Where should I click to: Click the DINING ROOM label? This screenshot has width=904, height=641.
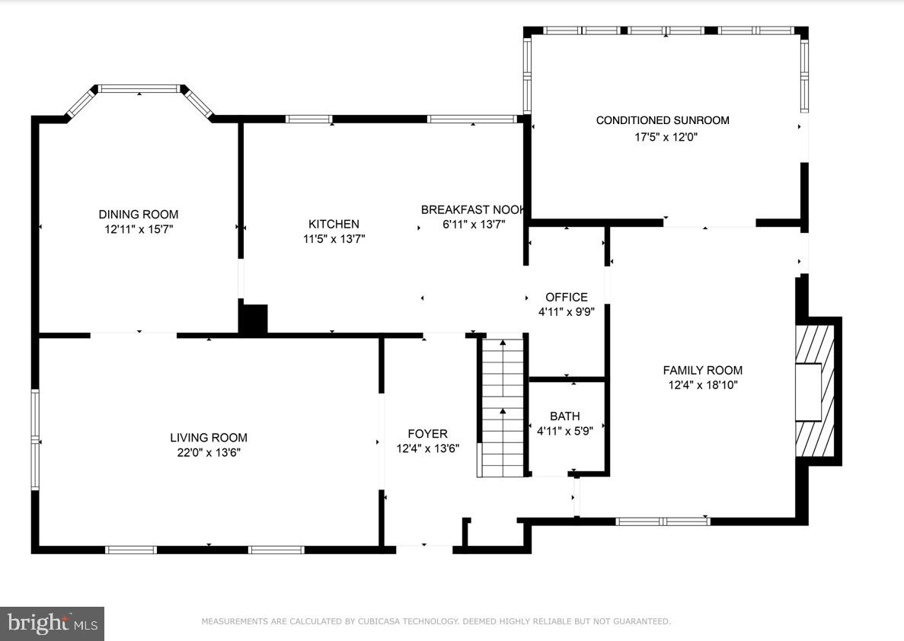tap(139, 215)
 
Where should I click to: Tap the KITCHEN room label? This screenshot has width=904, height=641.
tap(334, 224)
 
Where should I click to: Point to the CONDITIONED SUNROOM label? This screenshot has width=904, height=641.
tap(663, 120)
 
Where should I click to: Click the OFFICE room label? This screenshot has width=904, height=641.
tap(567, 297)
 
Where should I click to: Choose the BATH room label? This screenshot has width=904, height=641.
tap(564, 416)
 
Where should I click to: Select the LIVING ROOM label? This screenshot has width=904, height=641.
tap(209, 438)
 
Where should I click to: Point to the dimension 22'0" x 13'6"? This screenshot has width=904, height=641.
tap(209, 452)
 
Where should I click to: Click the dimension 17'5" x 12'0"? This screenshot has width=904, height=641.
tap(666, 137)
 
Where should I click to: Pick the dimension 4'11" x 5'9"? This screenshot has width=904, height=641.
tap(564, 430)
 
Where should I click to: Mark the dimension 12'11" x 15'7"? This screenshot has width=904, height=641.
tap(139, 229)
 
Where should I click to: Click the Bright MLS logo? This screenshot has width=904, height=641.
tap(52, 623)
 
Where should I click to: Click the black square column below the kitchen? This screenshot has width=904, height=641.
tap(254, 318)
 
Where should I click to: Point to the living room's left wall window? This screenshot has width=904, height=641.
tap(34, 439)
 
